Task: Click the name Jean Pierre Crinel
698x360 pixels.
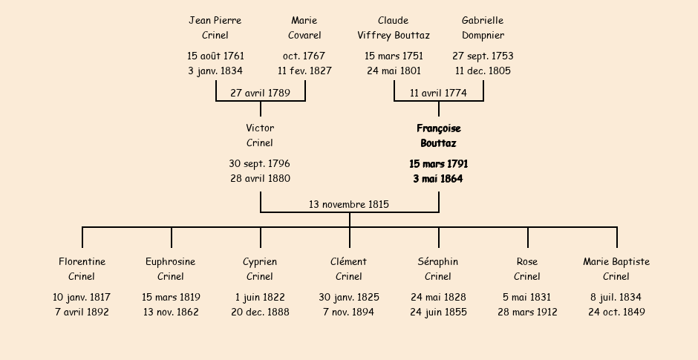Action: [215, 27]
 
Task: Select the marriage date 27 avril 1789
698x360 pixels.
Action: [260, 93]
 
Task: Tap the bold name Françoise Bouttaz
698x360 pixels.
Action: [438, 136]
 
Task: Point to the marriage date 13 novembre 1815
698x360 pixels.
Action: [349, 204]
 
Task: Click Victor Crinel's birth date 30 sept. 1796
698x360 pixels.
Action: [260, 163]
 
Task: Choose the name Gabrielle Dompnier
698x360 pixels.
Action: [483, 27]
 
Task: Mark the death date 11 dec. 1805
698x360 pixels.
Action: [483, 71]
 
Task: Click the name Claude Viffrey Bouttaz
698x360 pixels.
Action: [394, 27]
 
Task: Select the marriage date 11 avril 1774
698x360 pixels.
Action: [438, 93]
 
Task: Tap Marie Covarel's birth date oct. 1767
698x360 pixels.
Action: [304, 56]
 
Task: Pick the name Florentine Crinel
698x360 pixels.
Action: [82, 269]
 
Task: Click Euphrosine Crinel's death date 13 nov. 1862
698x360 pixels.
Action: [171, 312]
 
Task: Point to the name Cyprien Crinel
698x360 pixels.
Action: [260, 269]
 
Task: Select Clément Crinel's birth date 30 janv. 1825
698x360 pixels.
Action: [349, 297]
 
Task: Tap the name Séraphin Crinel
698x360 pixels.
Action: [438, 269]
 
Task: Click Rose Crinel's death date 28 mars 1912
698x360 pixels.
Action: [527, 312]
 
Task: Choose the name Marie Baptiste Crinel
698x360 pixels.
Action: [616, 269]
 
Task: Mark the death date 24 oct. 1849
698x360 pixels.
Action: [616, 312]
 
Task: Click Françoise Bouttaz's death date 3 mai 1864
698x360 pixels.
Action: [438, 179]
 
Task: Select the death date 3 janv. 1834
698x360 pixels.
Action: [215, 71]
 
